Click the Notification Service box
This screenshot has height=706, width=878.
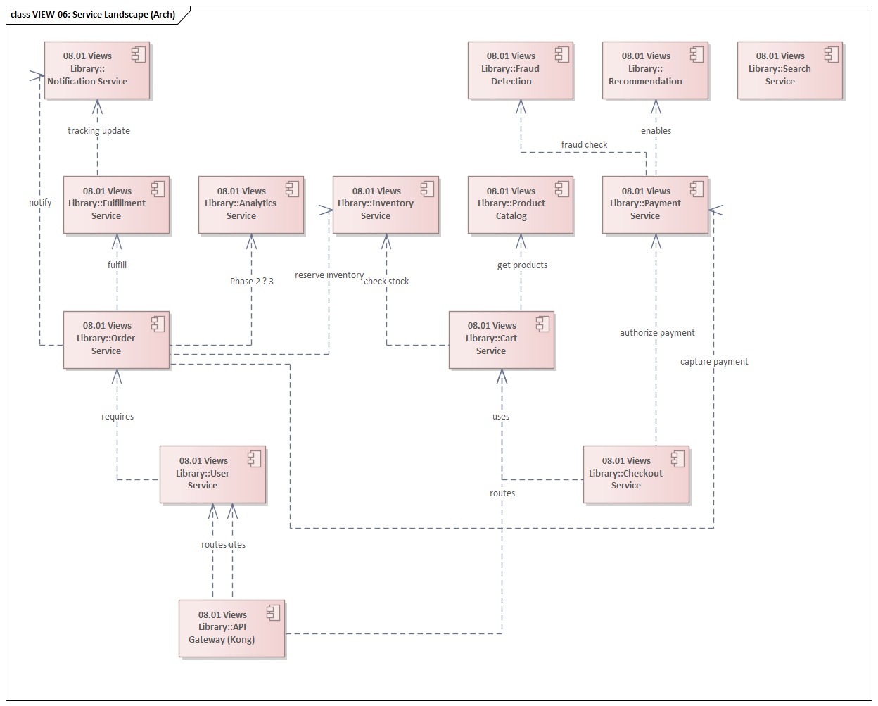[x=96, y=70]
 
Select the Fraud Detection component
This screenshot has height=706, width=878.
[x=520, y=70]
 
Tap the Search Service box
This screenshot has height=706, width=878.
[x=789, y=70]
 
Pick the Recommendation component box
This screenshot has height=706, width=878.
[x=654, y=70]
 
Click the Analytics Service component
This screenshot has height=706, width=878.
[x=250, y=204]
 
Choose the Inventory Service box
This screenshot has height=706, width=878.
[x=385, y=204]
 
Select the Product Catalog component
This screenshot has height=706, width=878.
[x=520, y=204]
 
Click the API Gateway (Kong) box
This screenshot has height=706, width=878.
[x=231, y=628]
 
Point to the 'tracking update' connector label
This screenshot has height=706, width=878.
[x=98, y=131]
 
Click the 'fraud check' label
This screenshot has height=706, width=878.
[x=584, y=145]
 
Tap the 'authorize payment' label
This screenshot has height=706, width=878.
[x=657, y=333]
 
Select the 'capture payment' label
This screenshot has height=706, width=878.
[x=714, y=362]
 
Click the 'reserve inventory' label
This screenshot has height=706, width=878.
[x=329, y=275]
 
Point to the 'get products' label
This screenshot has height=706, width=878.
[x=522, y=265]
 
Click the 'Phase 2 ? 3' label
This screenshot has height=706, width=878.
[x=252, y=282]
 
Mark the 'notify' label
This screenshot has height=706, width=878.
[x=40, y=203]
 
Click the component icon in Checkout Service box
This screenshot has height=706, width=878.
[x=677, y=459]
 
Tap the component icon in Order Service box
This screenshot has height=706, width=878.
[x=158, y=324]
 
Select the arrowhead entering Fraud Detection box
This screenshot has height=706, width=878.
[x=521, y=106]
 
